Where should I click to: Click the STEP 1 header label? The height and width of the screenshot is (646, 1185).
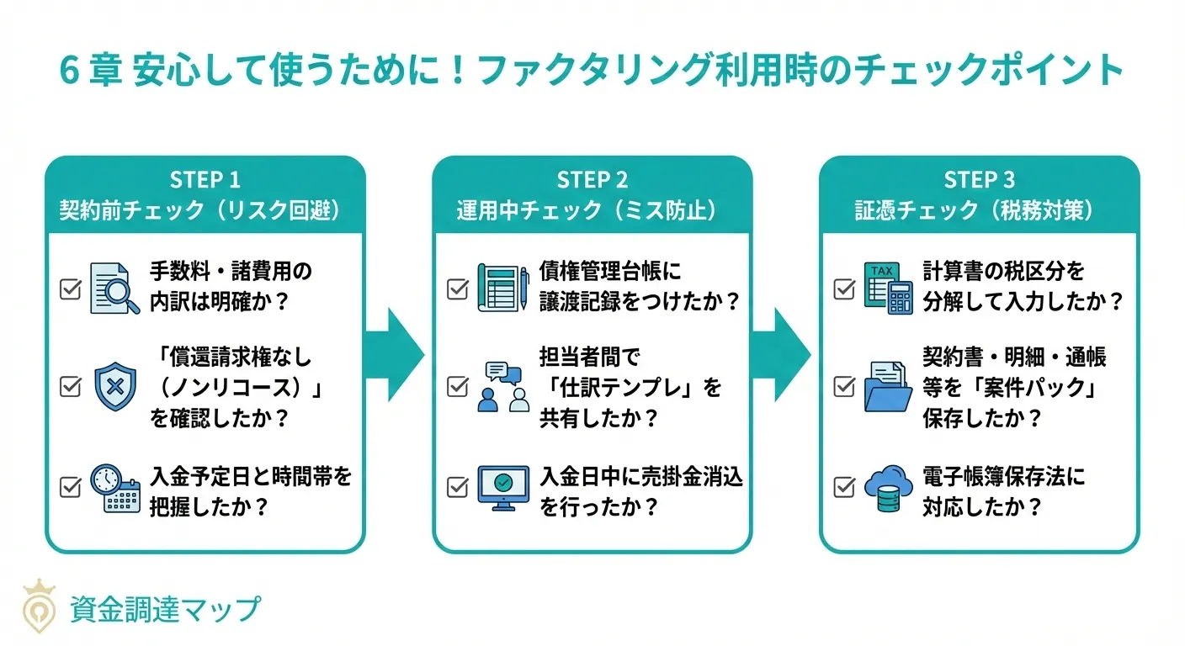coord(205,180)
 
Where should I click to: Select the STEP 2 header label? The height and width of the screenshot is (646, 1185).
coord(592,180)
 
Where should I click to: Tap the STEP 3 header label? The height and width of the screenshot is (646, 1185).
coord(979,180)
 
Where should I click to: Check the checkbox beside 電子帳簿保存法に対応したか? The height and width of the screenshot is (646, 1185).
coord(844,486)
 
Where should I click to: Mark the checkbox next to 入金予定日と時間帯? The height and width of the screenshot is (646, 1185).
coord(71,486)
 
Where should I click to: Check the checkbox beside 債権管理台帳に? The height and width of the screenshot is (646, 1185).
coord(457,289)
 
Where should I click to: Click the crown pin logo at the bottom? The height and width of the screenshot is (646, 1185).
coord(39,605)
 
